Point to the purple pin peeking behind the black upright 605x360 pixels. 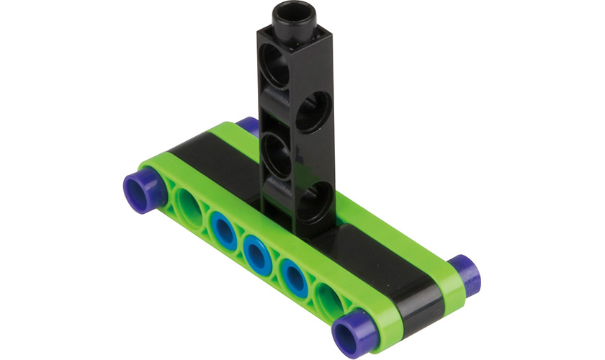click(248, 125)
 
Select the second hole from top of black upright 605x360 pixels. click(313, 110)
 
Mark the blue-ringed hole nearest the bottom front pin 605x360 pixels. click(292, 276)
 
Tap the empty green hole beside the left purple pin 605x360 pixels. click(189, 207)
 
